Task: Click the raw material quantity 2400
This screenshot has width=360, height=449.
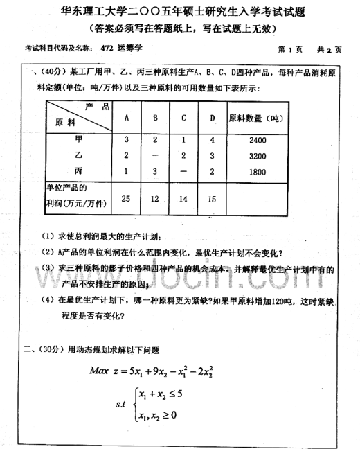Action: point(256,140)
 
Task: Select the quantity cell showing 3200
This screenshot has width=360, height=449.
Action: point(256,155)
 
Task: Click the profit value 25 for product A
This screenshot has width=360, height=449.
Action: point(125,199)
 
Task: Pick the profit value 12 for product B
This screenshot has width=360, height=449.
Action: point(155,200)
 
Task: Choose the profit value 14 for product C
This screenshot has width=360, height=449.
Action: point(183,200)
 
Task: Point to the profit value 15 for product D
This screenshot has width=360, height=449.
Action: point(212,200)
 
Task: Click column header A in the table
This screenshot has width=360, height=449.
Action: point(126,117)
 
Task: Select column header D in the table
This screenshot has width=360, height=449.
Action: point(212,117)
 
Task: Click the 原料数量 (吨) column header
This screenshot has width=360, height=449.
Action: point(255,118)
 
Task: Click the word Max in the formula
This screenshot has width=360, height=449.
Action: point(102,369)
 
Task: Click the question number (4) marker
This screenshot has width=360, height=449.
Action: point(46,300)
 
